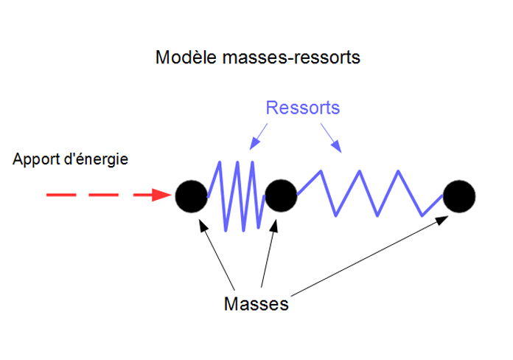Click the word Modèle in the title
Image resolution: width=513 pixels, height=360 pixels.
click(181, 58)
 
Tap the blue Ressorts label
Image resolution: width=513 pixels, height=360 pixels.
click(302, 108)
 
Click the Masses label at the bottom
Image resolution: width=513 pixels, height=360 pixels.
click(256, 304)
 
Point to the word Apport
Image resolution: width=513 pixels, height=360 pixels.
click(36, 159)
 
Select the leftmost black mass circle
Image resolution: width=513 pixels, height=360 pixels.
click(192, 195)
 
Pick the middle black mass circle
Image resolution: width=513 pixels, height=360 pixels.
click(280, 195)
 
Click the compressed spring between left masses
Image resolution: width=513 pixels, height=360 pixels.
click(236, 195)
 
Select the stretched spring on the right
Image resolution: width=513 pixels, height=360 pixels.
click(369, 193)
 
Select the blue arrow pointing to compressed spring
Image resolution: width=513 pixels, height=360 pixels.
click(259, 135)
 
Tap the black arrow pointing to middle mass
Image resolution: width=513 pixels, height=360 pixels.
click(268, 251)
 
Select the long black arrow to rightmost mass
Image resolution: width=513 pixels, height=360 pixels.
click(369, 255)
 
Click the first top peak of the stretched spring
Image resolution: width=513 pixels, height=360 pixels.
click(320, 172)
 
